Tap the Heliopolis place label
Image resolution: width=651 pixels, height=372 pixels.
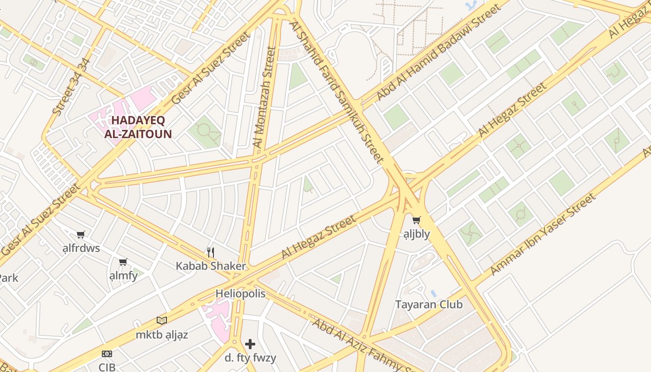tap(240, 293)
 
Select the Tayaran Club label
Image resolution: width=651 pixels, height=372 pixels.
tap(429, 305)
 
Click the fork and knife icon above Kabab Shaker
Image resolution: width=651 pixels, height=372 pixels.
tap(211, 252)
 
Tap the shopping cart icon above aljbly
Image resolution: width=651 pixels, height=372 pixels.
tap(416, 220)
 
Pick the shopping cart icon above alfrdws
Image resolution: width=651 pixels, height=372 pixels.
tap(81, 234)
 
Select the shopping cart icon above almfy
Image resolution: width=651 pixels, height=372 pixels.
tap(123, 262)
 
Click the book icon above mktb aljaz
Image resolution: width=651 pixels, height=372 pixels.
tap(162, 320)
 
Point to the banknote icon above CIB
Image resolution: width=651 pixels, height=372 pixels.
tap(107, 354)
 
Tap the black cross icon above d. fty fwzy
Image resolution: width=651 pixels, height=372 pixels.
tap(250, 344)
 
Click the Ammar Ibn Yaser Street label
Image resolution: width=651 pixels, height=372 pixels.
tap(543, 234)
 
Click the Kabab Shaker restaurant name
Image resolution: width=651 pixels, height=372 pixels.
tap(211, 266)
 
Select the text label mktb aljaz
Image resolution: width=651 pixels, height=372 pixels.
tap(162, 334)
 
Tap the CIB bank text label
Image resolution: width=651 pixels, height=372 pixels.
tap(107, 367)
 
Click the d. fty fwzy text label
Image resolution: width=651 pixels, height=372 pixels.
tap(250, 358)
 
